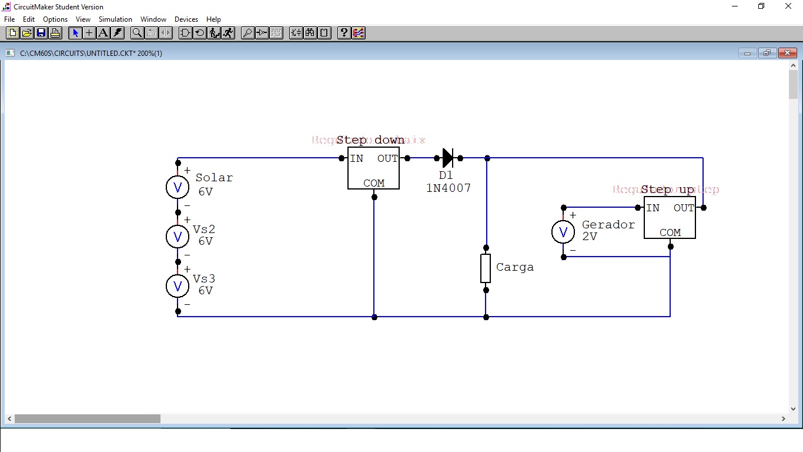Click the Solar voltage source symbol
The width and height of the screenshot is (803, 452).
click(x=178, y=187)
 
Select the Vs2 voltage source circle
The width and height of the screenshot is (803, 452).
click(x=178, y=237)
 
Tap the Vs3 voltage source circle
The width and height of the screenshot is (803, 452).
click(x=178, y=286)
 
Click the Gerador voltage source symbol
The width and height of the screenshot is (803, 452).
click(x=563, y=232)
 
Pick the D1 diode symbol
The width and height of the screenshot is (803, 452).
click(x=448, y=158)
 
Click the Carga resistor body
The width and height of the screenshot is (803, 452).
click(x=486, y=268)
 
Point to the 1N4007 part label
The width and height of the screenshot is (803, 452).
click(x=449, y=188)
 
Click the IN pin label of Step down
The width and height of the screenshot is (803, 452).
click(x=357, y=158)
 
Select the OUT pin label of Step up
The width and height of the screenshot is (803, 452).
click(x=684, y=208)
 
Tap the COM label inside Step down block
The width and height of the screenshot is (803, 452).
click(x=374, y=183)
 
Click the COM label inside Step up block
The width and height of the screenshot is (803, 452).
click(x=670, y=232)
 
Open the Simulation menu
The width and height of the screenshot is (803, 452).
click(x=115, y=19)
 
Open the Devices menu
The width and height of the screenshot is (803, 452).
click(x=186, y=19)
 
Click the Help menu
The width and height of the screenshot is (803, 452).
click(x=213, y=19)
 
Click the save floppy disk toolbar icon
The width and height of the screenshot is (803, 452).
click(x=41, y=33)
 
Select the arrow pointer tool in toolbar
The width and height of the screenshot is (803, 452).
click(x=75, y=33)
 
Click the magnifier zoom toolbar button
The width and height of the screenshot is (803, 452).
click(x=137, y=33)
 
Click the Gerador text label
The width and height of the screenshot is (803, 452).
click(x=608, y=225)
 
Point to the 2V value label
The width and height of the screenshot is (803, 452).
click(x=590, y=237)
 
